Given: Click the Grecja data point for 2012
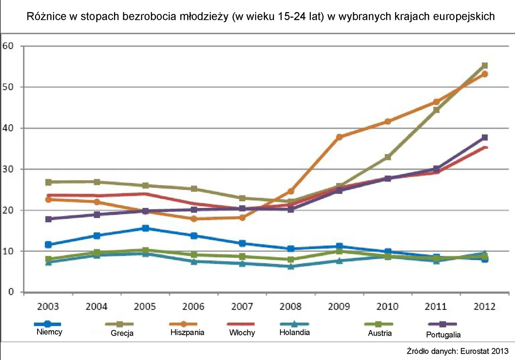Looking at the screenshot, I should coord(484,66).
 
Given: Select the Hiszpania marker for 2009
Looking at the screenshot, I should coord(339,137).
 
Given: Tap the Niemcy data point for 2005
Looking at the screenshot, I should coord(145,228).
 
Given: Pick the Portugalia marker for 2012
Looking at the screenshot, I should coord(484,137).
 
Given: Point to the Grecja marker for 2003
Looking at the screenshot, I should coord(48,182).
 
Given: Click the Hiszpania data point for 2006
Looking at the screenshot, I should coord(194,219).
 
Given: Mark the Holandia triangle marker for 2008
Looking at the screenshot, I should coord(291,266).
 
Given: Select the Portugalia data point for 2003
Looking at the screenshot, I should coord(48,219).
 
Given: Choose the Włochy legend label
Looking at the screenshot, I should coord(242,333).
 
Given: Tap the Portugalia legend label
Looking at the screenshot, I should coord(443,335).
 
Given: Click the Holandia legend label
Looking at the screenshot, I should coord(294,332).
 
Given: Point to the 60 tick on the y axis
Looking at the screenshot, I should coord(8,46).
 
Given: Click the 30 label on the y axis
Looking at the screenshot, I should coord(8,169).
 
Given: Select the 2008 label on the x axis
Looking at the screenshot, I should coord(290,306).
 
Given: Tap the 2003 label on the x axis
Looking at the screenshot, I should coord(48,306).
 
